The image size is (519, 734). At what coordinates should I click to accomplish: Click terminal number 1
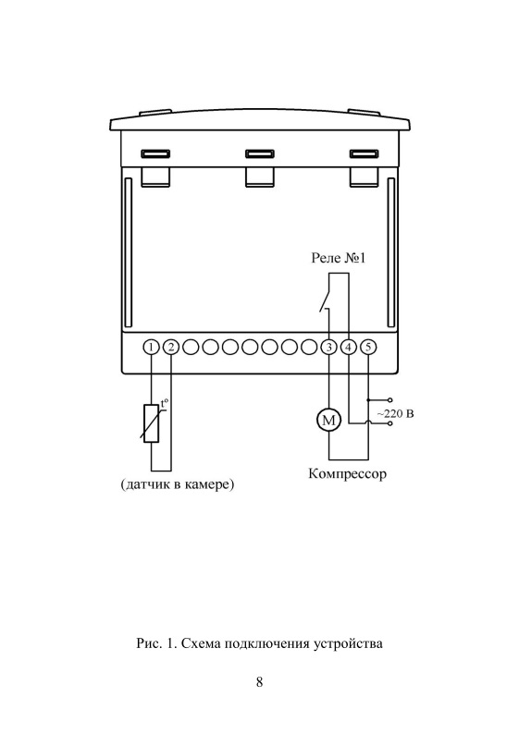point(151,348)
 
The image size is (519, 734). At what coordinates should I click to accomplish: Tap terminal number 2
point(171,348)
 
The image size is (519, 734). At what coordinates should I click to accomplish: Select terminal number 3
point(328,348)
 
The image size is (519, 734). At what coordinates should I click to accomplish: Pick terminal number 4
point(349,348)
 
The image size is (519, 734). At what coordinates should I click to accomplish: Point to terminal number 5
point(368,348)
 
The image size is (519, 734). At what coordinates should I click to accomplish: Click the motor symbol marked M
point(328,420)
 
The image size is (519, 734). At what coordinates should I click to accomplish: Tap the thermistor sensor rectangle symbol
point(151,422)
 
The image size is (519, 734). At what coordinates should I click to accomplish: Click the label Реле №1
point(339,258)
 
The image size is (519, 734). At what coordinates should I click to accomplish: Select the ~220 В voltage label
point(396,414)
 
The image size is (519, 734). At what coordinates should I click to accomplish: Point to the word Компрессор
point(348,473)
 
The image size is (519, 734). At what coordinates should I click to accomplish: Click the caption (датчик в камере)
point(178,484)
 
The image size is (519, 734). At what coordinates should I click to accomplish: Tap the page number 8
point(259,681)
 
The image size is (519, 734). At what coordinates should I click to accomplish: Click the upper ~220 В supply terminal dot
point(390,400)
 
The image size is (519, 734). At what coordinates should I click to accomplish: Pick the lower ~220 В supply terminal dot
point(390,423)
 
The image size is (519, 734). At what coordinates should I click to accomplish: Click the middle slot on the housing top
point(259,154)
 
